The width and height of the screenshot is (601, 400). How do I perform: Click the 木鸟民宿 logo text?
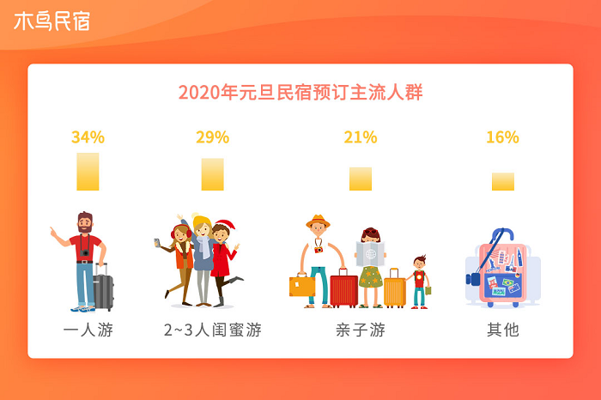point(52,21)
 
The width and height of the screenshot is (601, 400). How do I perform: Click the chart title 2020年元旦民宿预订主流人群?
point(300,93)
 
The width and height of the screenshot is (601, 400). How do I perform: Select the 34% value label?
point(88,137)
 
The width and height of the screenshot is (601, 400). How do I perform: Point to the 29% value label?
point(212,137)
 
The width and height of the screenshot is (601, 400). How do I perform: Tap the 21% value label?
point(361,137)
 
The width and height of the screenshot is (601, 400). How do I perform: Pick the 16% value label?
point(502,137)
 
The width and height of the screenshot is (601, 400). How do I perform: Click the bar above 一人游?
point(88,172)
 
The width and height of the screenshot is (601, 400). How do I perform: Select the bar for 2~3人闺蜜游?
point(213,174)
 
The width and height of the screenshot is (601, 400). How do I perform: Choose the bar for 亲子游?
point(361,179)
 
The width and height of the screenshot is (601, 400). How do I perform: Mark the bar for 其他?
point(503,182)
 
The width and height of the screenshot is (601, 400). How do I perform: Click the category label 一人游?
point(88,330)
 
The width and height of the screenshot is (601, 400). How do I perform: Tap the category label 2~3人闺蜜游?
point(213,330)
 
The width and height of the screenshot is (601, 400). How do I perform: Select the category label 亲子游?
point(361,330)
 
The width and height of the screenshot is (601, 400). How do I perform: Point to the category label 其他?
point(503,330)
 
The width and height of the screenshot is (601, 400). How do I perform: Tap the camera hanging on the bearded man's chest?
point(85,252)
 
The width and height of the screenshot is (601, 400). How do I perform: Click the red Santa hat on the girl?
point(225,225)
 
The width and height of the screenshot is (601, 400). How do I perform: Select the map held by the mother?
point(370,253)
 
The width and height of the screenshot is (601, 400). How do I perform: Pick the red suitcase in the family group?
point(343,288)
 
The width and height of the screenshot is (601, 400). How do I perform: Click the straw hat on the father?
point(318,221)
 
